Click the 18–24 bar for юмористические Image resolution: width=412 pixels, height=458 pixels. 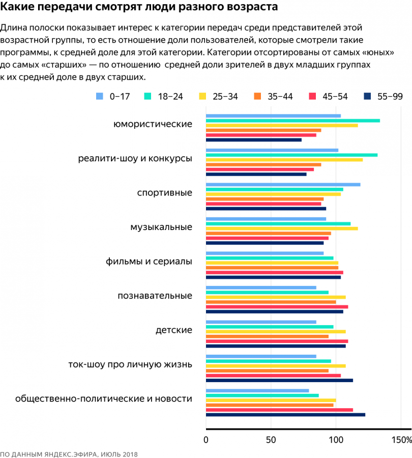pyautogui.click(x=292, y=121)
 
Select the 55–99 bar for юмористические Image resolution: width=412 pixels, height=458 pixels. pyautogui.click(x=253, y=139)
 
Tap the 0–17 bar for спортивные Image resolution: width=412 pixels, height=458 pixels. pyautogui.click(x=283, y=184)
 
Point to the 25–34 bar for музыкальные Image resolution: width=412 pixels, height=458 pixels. pyautogui.click(x=281, y=228)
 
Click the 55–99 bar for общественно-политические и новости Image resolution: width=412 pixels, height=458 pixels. pyautogui.click(x=285, y=415)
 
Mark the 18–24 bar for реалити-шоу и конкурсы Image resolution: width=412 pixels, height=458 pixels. pyautogui.click(x=291, y=155)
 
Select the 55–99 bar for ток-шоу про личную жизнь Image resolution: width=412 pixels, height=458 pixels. pyautogui.click(x=279, y=380)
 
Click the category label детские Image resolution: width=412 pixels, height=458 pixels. pyautogui.click(x=173, y=330)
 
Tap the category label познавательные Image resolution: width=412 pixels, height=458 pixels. pyautogui.click(x=155, y=296)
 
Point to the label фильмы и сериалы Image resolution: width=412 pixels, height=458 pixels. pyautogui.click(x=149, y=262)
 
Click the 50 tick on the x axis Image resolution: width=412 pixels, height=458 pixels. pyautogui.click(x=271, y=439)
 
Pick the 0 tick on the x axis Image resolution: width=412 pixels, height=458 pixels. pyautogui.click(x=206, y=439)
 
